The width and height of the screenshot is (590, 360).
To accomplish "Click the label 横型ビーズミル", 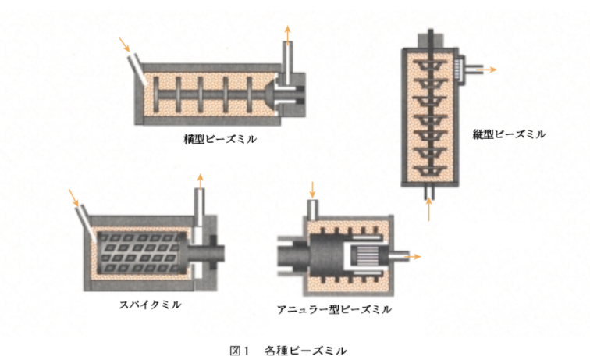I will coord(219,140).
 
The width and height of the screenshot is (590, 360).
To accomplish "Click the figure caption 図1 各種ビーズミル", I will coord(294,348).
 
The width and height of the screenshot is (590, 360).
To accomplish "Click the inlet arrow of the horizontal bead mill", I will coord(123,44).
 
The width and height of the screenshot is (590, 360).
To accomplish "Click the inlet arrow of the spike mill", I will coord(73,195).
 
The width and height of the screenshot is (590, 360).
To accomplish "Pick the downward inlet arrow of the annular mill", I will coord(312,188).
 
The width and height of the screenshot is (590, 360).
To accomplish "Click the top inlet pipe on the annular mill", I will coord(312,207).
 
